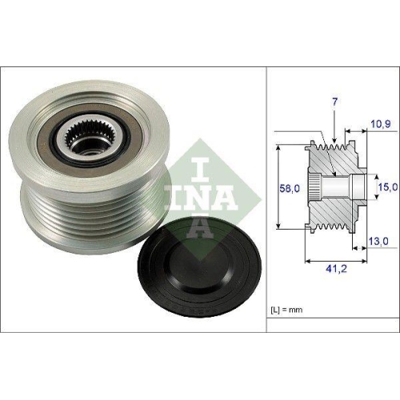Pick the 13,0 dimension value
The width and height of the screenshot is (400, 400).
(378, 240)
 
